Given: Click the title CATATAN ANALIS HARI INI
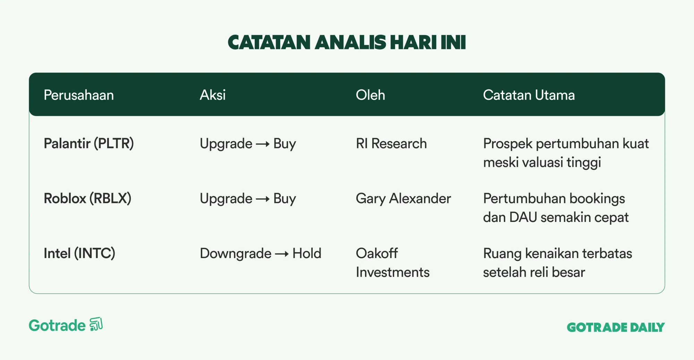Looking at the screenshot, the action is click(347, 42).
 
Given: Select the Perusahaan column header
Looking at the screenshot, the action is click(79, 95).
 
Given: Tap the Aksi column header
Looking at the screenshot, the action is click(213, 95).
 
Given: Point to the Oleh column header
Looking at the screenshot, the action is click(370, 95).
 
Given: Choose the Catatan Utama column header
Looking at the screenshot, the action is click(529, 95).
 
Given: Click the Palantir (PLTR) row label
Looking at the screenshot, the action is click(89, 144).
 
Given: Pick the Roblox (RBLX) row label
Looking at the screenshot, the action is click(87, 198).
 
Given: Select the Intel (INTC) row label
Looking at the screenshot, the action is click(79, 254).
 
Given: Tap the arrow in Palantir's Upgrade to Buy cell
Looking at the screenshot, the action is click(263, 144).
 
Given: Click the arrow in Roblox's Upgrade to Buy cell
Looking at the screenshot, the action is click(263, 199).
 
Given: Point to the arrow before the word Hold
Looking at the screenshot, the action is click(282, 254).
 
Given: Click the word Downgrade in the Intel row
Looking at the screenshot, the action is click(236, 254).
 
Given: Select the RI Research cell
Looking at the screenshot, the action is click(391, 144).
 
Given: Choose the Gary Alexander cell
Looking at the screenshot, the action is click(404, 199).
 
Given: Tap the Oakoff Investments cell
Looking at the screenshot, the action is click(393, 263).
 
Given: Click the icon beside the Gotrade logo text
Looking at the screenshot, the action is click(96, 324).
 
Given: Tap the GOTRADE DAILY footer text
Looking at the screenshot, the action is click(616, 327).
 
